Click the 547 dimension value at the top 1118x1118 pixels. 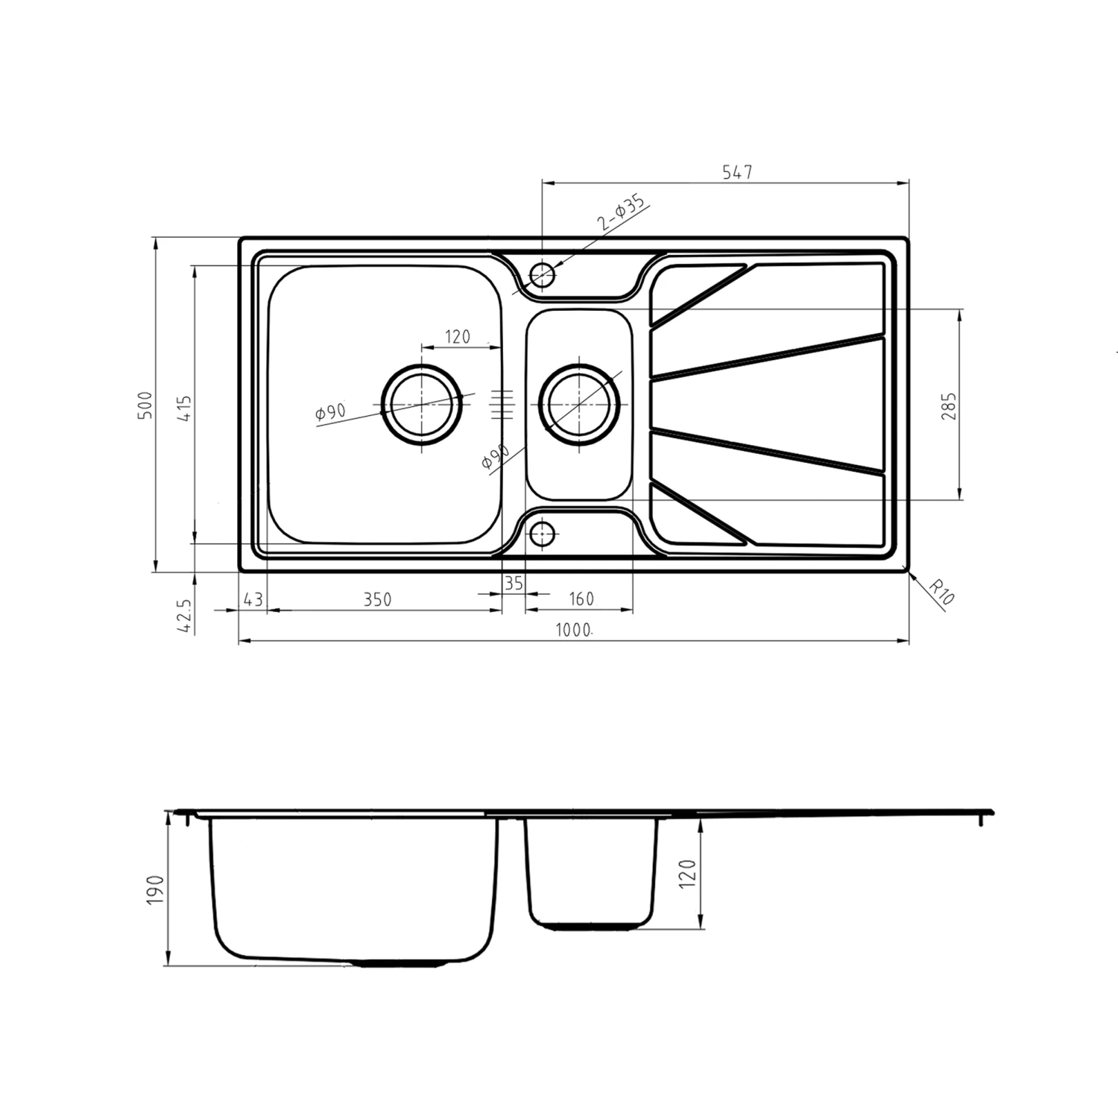pyautogui.click(x=737, y=172)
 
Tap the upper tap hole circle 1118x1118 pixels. pyautogui.click(x=543, y=275)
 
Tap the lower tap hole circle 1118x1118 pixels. pyautogui.click(x=543, y=534)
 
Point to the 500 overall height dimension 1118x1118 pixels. pyautogui.click(x=145, y=405)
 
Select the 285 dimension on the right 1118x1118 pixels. pyautogui.click(x=949, y=406)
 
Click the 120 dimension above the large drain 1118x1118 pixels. pyautogui.click(x=458, y=337)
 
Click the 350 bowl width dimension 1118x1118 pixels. pyautogui.click(x=377, y=599)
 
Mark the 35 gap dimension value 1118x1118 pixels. pyautogui.click(x=514, y=584)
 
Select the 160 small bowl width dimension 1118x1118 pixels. pyautogui.click(x=581, y=599)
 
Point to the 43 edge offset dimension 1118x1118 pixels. pyautogui.click(x=253, y=599)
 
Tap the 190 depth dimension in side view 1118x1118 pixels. pyautogui.click(x=155, y=890)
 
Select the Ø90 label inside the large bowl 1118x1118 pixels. pyautogui.click(x=330, y=412)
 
